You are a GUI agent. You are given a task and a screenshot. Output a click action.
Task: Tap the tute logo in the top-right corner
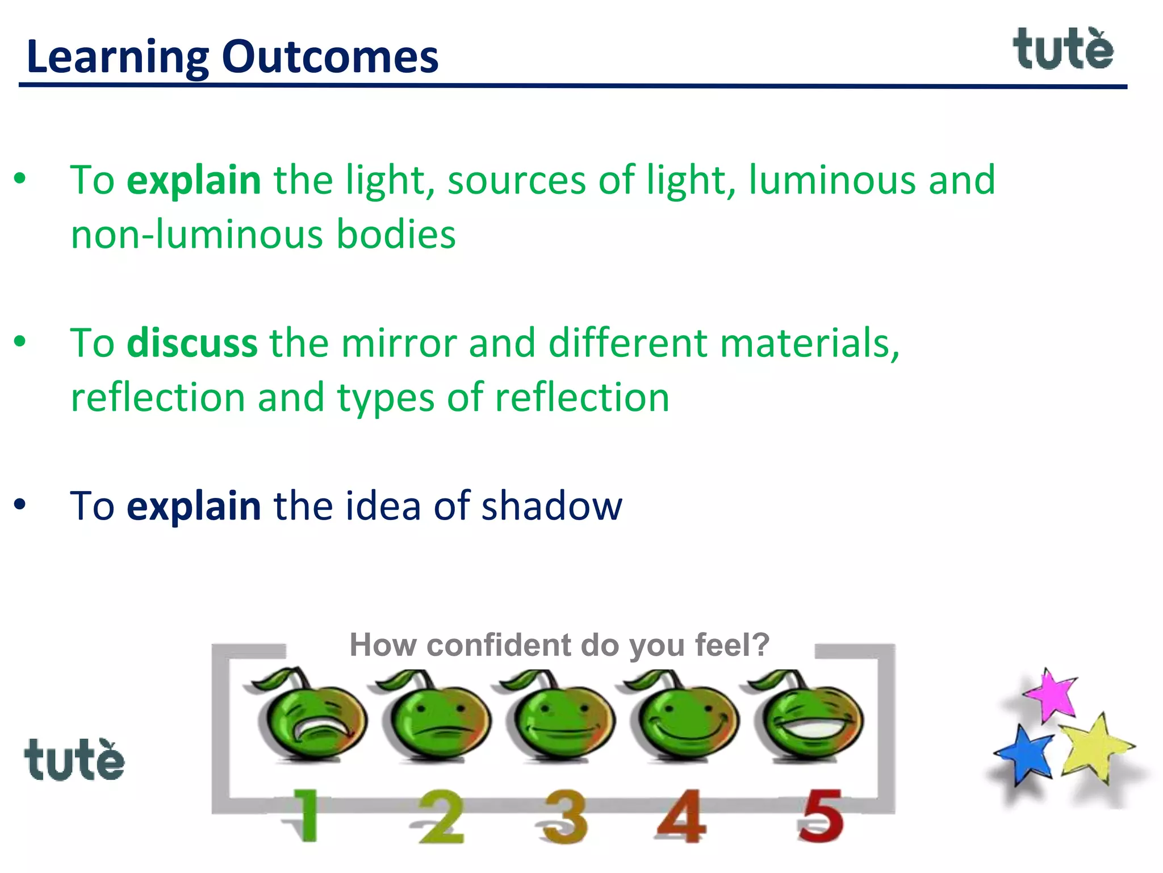[x=1062, y=50]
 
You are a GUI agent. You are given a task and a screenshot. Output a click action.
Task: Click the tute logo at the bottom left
[x=74, y=760]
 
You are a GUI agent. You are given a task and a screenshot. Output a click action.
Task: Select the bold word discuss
[x=192, y=343]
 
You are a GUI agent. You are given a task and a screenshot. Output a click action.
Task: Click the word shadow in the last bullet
[x=551, y=505]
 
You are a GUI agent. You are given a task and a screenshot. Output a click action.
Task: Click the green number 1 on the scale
[x=305, y=816]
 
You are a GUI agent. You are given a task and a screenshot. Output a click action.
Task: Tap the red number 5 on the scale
[x=821, y=816]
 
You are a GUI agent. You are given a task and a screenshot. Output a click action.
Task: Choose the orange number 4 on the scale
[x=681, y=816]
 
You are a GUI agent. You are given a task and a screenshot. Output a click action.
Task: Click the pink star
[x=1052, y=695]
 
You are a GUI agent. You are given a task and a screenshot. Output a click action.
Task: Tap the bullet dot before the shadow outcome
[x=20, y=504]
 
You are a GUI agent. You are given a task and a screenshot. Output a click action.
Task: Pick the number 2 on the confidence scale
[x=441, y=817]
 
